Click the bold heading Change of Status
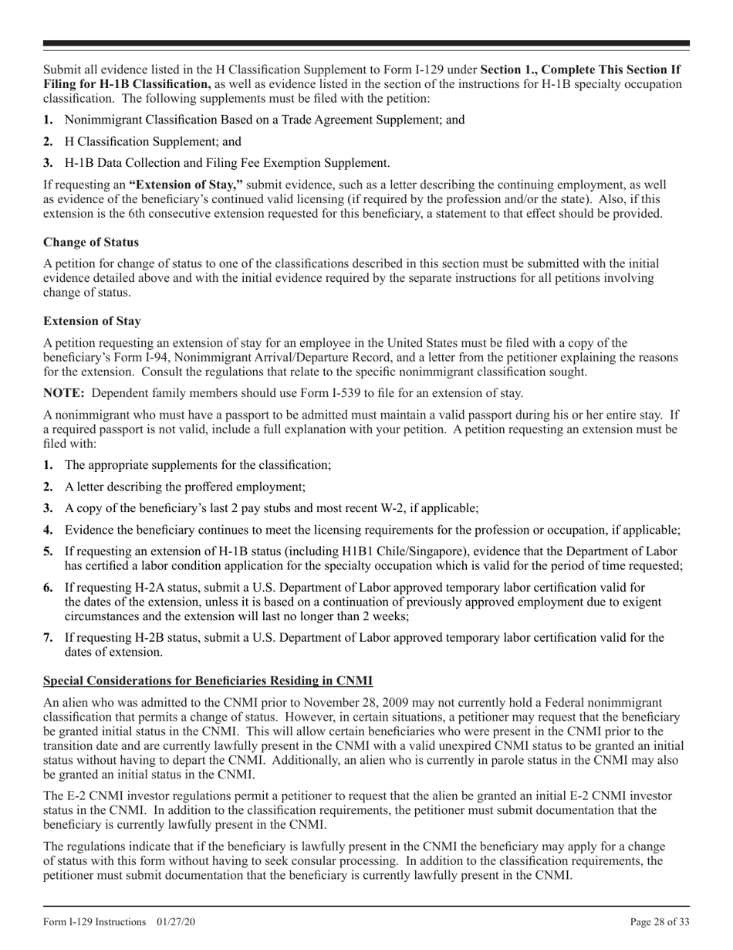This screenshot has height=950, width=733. pos(91,243)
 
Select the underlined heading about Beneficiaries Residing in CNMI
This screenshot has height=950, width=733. pos(208,680)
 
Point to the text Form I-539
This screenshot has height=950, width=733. pos(337,392)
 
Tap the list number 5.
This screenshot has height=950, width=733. pos(48,551)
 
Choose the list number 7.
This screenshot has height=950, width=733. pos(48,638)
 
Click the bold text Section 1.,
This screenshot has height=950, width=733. pos(508,70)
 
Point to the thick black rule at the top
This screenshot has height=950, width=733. pos(366,43)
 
